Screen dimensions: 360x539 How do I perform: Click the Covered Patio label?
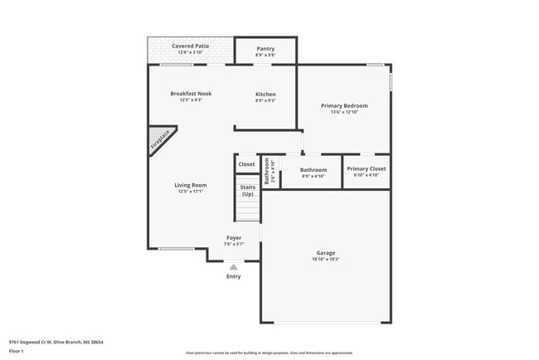pos(190,46)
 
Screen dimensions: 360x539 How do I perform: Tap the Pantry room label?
pos(265,48)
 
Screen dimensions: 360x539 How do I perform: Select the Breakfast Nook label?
pos(191,94)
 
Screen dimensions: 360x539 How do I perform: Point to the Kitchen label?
pos(265,94)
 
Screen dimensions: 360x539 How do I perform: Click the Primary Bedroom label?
pos(344,105)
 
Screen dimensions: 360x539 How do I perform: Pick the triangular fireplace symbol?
pos(159,139)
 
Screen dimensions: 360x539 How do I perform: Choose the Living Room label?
pos(191,185)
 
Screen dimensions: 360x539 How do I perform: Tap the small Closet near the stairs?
pos(247,164)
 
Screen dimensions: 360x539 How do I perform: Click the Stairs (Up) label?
pos(247,191)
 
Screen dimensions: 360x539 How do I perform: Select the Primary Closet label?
pos(366,168)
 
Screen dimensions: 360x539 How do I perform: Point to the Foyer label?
pos(234,237)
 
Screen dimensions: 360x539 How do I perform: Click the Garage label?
pos(326,253)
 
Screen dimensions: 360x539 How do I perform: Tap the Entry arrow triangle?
pos(234,267)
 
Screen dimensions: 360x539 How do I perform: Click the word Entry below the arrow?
pos(234,276)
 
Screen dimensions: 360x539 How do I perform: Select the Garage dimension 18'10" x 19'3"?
pos(326,260)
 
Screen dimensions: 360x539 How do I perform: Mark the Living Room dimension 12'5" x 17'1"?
pos(191,192)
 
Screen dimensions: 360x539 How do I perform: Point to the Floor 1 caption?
pos(17,352)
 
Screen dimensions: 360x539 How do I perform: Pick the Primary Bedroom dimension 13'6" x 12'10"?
pos(344,112)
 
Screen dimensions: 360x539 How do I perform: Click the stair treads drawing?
pos(247,211)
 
